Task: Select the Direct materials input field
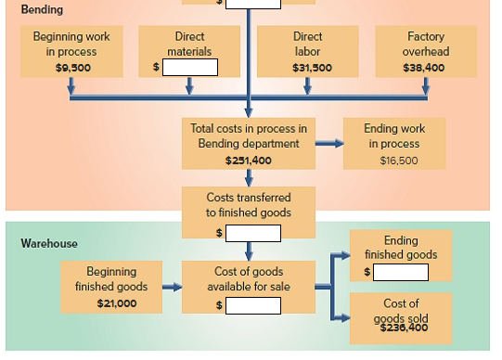tap(191, 67)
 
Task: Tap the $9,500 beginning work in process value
tap(71, 68)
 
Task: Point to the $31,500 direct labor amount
tap(307, 68)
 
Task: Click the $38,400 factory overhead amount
tap(425, 68)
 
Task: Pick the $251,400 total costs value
tap(248, 161)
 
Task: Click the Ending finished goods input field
tap(401, 272)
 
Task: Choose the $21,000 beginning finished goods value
tap(118, 303)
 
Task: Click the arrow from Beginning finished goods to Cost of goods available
tap(172, 288)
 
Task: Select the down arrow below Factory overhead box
tap(425, 85)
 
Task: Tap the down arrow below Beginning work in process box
tap(71, 85)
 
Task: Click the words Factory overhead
tap(425, 44)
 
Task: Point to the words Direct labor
tap(307, 44)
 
